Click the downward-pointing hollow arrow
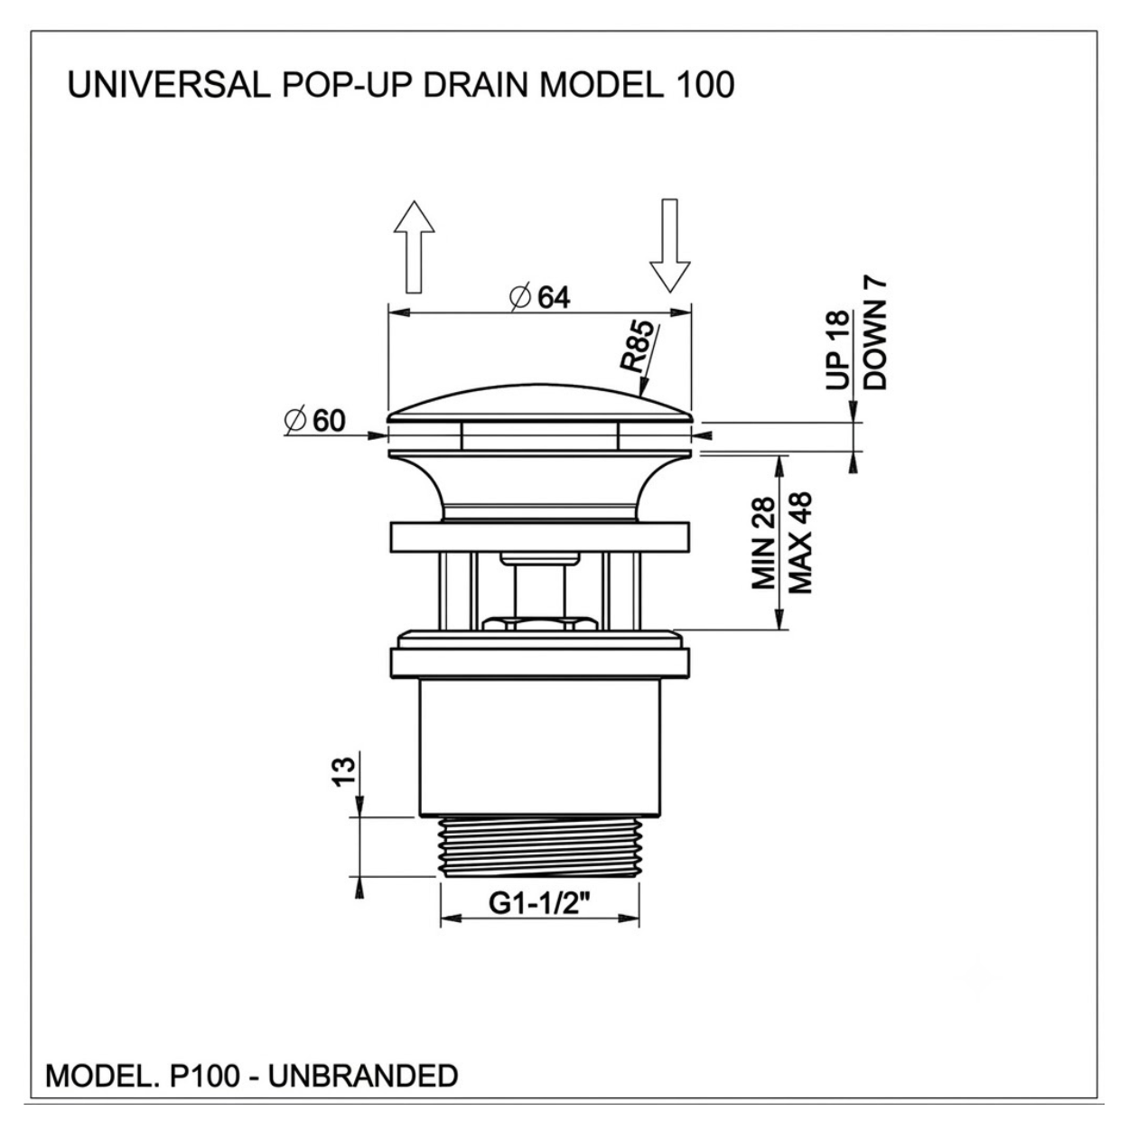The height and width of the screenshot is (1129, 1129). coord(669,246)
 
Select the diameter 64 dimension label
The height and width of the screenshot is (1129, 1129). coord(539,298)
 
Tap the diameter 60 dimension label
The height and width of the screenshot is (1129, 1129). coord(314,421)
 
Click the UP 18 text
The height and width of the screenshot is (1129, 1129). coord(837,350)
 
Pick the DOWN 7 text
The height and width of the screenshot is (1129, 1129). coord(875,334)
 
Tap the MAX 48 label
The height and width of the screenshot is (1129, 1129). coord(799,542)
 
